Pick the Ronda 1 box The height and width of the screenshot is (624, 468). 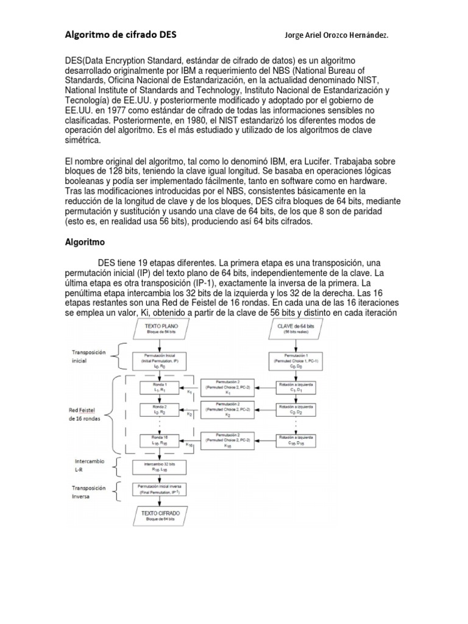tap(161, 388)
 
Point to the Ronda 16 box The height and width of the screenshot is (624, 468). tap(161, 441)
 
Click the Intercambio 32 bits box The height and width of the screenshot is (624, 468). tap(161, 467)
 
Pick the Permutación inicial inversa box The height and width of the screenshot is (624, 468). tap(161, 489)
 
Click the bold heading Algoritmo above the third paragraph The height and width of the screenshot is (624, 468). tap(85, 241)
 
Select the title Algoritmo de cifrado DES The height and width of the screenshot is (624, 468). tap(121, 35)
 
